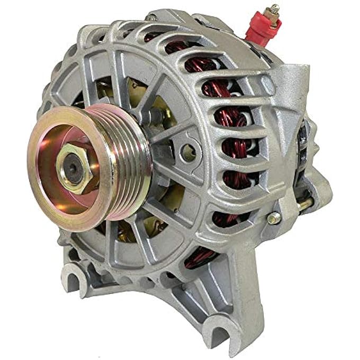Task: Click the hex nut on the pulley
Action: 74,168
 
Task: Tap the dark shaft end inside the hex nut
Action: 73,168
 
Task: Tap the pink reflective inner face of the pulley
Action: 58,196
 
